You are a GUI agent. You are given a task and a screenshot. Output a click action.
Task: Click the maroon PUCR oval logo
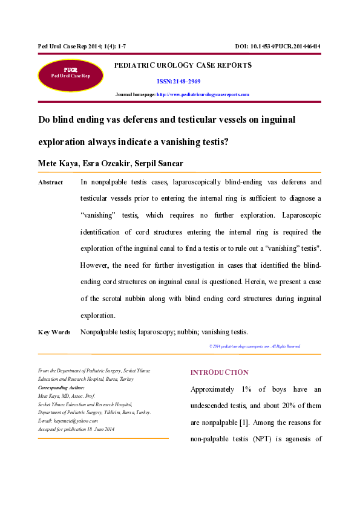pyautogui.click(x=71, y=75)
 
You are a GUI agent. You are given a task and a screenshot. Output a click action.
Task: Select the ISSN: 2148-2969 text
pyautogui.click(x=178, y=81)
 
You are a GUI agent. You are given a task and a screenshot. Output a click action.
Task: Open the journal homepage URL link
pyautogui.click(x=203, y=95)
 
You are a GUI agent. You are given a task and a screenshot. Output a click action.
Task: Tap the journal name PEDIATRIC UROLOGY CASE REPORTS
pyautogui.click(x=183, y=65)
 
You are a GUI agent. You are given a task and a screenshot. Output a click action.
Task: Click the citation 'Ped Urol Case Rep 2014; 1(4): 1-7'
pyautogui.click(x=70, y=47)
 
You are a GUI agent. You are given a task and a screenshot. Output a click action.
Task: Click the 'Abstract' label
pyautogui.click(x=50, y=183)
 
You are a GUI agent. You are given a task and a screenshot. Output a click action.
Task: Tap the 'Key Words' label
pyautogui.click(x=54, y=332)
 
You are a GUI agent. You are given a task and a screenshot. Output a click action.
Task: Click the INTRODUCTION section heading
pyautogui.click(x=219, y=372)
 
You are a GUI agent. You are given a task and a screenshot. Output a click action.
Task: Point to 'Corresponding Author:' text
pyautogui.click(x=61, y=387)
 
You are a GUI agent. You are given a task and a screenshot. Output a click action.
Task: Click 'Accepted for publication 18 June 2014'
pyautogui.click(x=76, y=429)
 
